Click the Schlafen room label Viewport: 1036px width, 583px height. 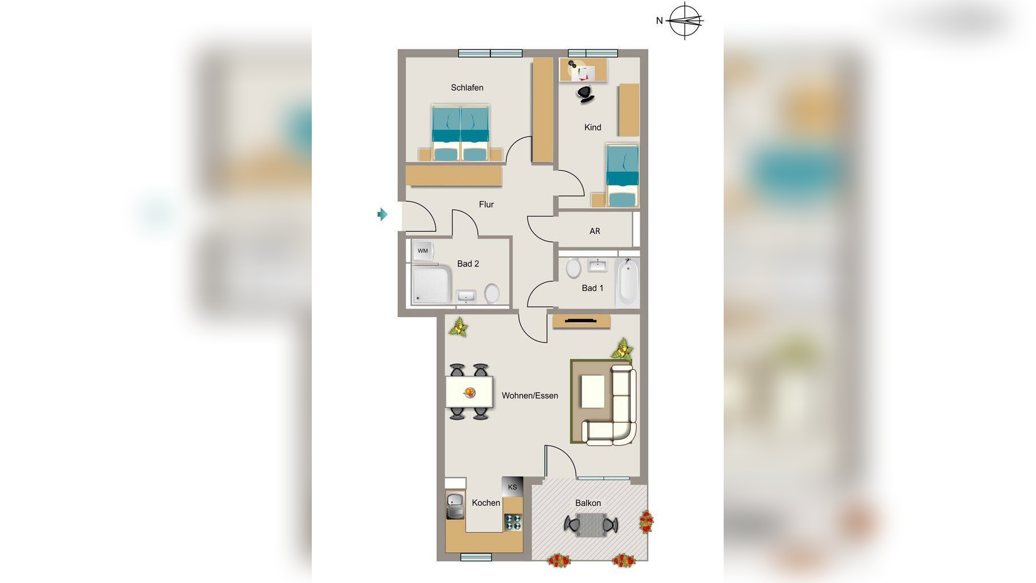point(467,88)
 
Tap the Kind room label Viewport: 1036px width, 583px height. point(592,128)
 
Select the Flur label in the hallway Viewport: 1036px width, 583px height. point(486,204)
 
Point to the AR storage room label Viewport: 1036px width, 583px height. point(595,231)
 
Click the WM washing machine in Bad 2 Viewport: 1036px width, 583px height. point(423,251)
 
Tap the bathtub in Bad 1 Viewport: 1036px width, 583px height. point(627,282)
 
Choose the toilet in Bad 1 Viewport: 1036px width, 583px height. point(573,267)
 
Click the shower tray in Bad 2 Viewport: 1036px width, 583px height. point(431,284)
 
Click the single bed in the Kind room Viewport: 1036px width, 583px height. point(622,175)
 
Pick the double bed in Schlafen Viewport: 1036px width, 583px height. point(460,133)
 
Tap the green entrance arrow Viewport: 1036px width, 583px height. point(382,214)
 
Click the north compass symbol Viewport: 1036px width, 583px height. point(684,20)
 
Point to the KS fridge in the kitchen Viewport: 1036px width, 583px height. point(512,487)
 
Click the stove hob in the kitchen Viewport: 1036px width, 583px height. point(513,522)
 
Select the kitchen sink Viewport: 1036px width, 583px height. point(455,506)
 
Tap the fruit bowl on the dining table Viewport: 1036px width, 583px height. point(470,392)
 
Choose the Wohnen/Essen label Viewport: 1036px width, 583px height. point(530,396)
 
